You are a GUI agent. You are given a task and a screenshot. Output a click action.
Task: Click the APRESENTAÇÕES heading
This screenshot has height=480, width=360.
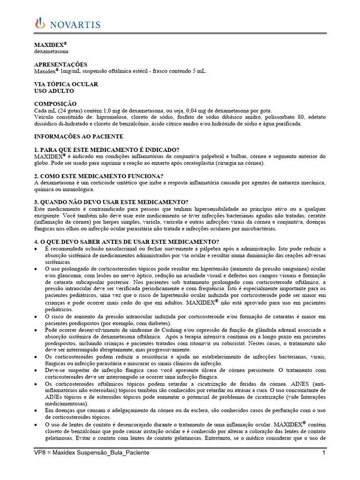pyautogui.click(x=61, y=64)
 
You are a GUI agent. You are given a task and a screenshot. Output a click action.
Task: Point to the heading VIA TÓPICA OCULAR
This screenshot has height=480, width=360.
pyautogui.click(x=66, y=84)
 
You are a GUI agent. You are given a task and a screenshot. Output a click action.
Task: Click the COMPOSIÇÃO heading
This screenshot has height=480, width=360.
pyautogui.click(x=56, y=104)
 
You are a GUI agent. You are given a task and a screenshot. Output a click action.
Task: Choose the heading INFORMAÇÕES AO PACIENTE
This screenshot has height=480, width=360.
pyautogui.click(x=79, y=136)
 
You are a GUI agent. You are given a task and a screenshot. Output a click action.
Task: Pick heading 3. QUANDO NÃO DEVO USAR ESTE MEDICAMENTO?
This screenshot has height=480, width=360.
pyautogui.click(x=112, y=202)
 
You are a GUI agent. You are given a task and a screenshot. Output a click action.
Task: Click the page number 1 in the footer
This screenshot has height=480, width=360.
pyautogui.click(x=323, y=453)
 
